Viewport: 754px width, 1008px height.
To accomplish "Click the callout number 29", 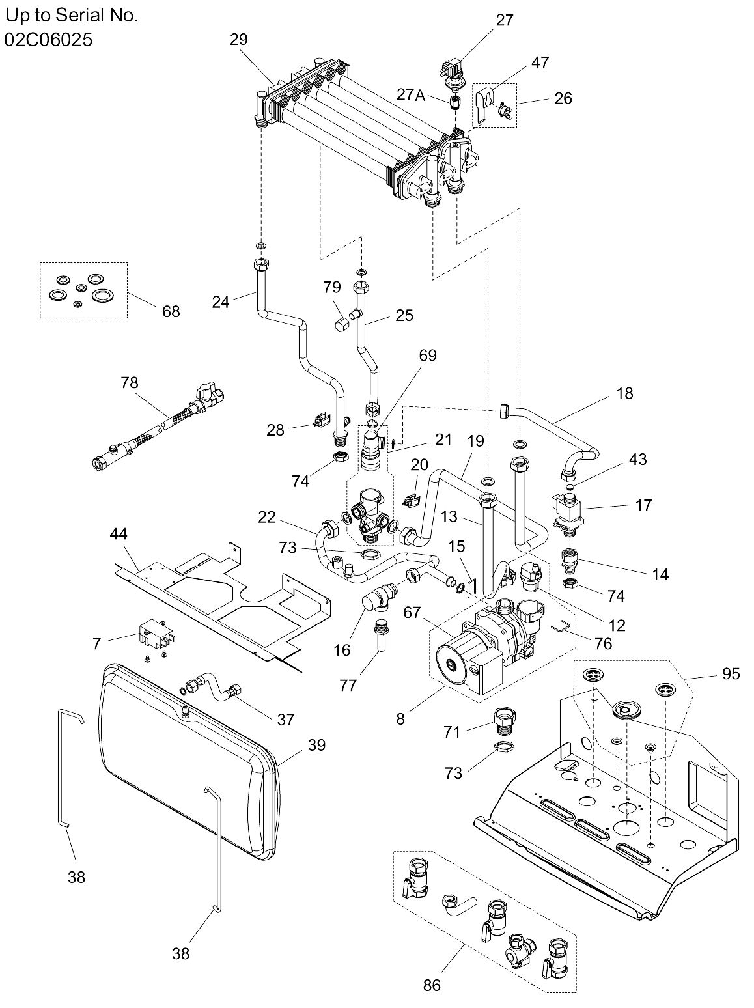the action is (239, 40).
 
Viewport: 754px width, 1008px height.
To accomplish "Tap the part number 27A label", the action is (411, 94).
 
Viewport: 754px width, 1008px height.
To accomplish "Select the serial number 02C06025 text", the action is (49, 40).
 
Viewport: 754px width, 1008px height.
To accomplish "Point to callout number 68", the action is (171, 312).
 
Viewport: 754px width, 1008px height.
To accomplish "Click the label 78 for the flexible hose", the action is (129, 382).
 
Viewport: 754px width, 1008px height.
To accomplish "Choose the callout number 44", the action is (119, 533).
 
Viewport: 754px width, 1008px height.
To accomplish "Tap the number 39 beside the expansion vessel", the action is (317, 745).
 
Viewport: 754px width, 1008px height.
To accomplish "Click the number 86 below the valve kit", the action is (432, 985).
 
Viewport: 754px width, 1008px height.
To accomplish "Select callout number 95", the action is (731, 674).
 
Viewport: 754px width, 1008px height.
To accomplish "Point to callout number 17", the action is (643, 505).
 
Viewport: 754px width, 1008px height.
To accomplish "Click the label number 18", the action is (624, 393).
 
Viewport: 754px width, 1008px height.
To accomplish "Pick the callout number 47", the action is (540, 63).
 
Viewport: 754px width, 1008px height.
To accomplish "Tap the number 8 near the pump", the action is (400, 719).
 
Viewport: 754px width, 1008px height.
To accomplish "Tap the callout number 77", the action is (348, 686).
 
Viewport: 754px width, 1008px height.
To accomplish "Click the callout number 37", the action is (286, 720).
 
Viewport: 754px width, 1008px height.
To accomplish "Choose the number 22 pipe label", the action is (267, 518).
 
